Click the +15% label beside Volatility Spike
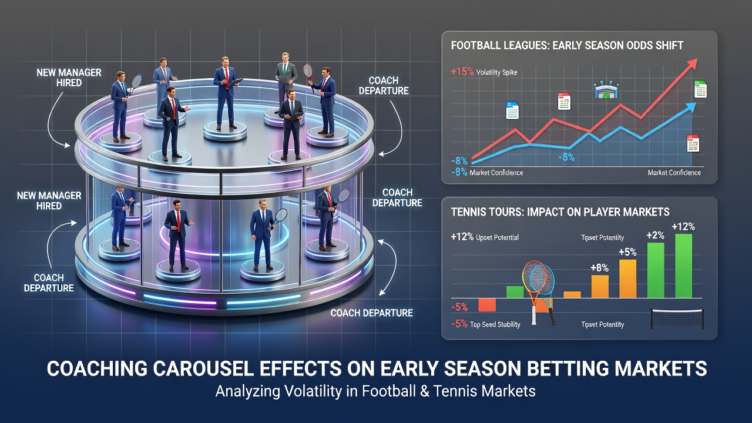(x=462, y=72)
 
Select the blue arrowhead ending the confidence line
(x=690, y=108)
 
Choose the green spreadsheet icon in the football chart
(x=700, y=89)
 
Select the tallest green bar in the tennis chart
(x=683, y=266)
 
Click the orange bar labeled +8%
(x=600, y=286)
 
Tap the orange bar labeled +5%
(x=628, y=278)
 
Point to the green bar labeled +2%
(x=656, y=270)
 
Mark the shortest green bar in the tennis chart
(x=515, y=292)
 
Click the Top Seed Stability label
(x=495, y=325)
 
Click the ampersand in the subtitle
(x=424, y=391)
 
